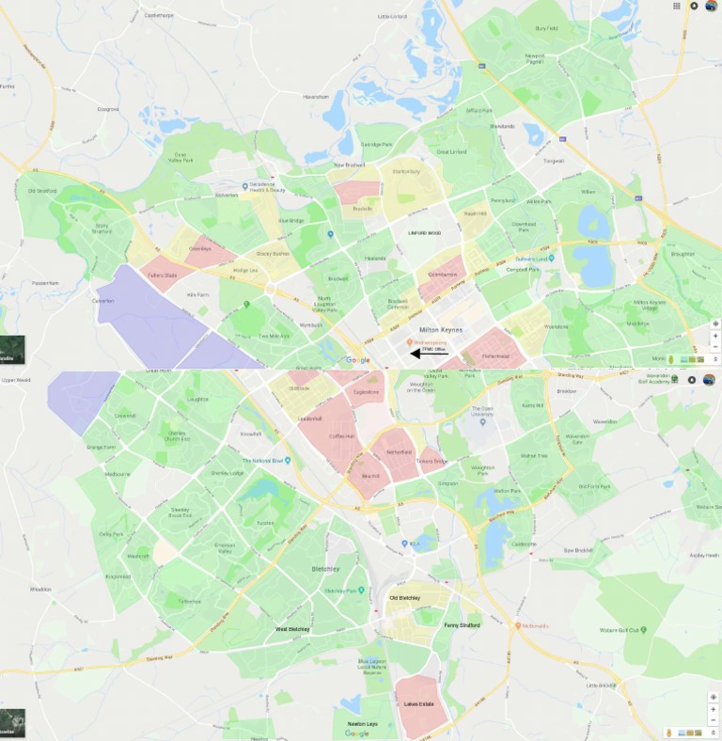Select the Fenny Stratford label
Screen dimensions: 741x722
point(462,625)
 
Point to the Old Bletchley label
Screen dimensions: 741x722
point(404,598)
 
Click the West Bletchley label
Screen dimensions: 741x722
point(292,629)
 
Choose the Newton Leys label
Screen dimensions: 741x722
point(363,723)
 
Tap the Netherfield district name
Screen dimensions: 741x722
point(399,452)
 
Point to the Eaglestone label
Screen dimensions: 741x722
point(367,392)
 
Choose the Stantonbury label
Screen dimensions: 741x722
point(406,172)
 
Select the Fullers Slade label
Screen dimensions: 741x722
point(163,275)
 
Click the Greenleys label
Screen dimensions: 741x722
point(198,249)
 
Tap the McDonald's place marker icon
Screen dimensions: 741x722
point(517,625)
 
